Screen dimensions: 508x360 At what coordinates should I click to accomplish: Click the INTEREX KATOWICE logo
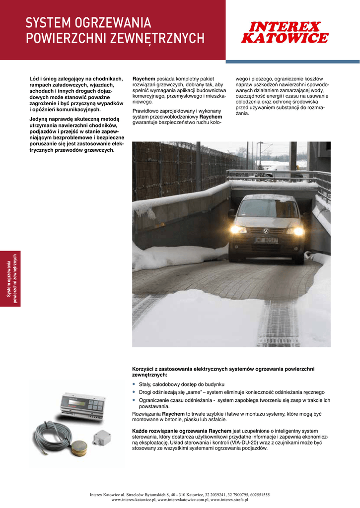[x=284, y=32]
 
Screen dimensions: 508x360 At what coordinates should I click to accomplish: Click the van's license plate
[x=266, y=240]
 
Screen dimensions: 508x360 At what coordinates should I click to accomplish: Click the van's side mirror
[x=231, y=213]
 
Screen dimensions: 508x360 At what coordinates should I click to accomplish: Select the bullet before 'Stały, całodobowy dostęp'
[x=134, y=384]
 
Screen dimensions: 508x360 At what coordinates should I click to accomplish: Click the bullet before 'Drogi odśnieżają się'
[x=134, y=392]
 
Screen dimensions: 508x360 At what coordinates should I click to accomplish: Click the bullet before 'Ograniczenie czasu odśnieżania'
[x=134, y=400]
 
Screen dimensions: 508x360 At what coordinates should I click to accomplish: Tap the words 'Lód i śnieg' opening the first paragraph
[x=43, y=79]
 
